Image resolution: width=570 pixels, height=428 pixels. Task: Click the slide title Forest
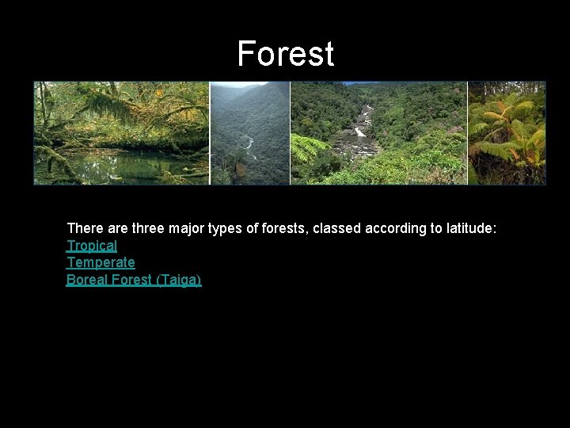coord(285,54)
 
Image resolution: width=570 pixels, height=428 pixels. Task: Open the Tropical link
coord(92,246)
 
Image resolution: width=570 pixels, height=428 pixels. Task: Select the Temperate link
coord(101,262)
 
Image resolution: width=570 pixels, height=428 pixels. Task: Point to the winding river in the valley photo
coord(249,143)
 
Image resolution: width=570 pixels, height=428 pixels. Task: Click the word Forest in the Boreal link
coord(132,280)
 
